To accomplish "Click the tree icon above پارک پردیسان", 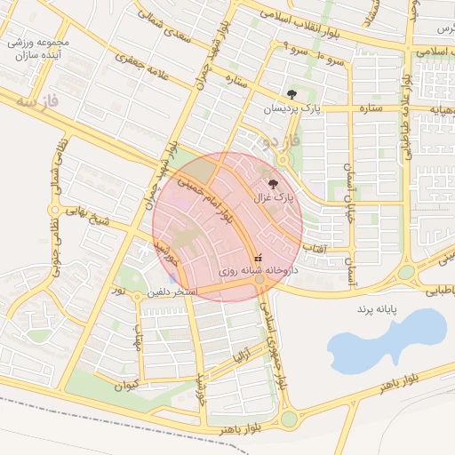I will [x=291, y=93].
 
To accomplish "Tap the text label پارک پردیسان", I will [x=291, y=108].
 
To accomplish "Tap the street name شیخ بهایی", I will [x=84, y=219].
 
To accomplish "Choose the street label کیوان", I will [x=127, y=386].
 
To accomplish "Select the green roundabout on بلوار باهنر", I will [x=290, y=419].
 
